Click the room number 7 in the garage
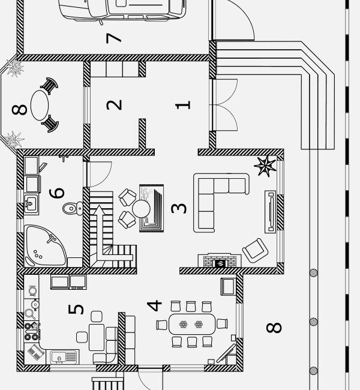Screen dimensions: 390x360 tap(113, 37)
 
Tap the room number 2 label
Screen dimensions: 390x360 tap(114, 104)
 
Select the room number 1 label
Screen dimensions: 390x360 tap(183, 104)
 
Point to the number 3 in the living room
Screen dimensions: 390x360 tap(179, 208)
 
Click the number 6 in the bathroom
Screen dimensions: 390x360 tap(56, 193)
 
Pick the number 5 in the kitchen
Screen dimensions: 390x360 tap(76, 310)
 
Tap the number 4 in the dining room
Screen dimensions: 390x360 tap(155, 305)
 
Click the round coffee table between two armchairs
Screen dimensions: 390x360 tap(142, 208)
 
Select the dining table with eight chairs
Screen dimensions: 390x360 tap(191, 325)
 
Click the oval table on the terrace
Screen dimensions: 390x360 tap(41, 106)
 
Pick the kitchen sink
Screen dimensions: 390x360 tap(62, 358)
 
